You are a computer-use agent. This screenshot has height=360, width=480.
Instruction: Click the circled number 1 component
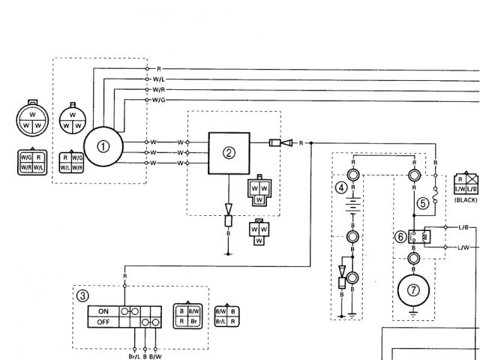pyautogui.click(x=104, y=146)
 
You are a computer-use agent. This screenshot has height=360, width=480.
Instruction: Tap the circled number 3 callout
pyautogui.click(x=83, y=295)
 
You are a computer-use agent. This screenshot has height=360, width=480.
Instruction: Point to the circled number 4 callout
pyautogui.click(x=341, y=187)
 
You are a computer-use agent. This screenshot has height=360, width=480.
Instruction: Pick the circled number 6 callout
pyautogui.click(x=401, y=236)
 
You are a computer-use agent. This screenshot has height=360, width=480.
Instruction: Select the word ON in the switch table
pyautogui.click(x=103, y=310)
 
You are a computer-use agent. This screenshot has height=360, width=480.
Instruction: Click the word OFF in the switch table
pyautogui.click(x=103, y=322)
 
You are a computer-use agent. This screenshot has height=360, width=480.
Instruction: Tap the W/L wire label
pyautogui.click(x=159, y=78)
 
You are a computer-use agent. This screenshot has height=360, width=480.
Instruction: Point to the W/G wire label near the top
pyautogui.click(x=159, y=99)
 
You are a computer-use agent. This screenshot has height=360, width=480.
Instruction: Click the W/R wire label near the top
pyautogui.click(x=159, y=88)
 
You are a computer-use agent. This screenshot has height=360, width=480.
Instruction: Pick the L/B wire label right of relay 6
pyautogui.click(x=463, y=226)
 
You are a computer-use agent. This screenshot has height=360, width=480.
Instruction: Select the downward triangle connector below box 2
pyautogui.click(x=229, y=208)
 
